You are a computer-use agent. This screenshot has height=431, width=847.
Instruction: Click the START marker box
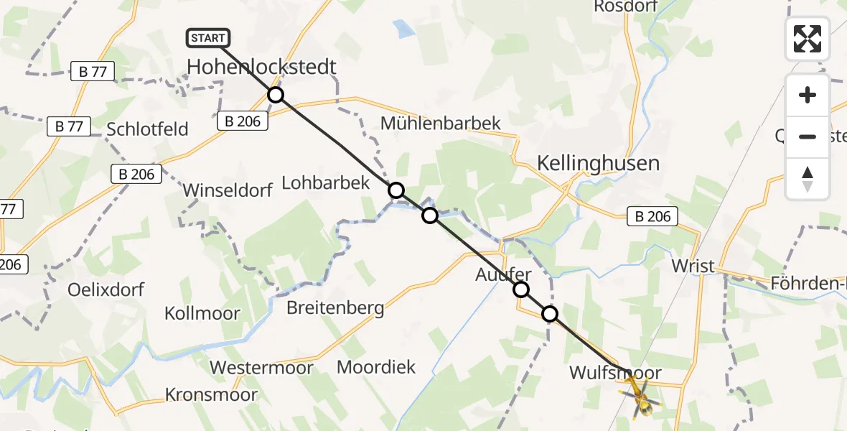(208, 38)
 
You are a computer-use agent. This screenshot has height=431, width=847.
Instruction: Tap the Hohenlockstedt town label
(261, 67)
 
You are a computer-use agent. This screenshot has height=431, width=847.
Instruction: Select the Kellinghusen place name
(598, 163)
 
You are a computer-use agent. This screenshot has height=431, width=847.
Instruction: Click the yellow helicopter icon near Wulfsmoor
(638, 397)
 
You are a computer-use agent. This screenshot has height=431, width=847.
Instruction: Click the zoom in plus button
(808, 95)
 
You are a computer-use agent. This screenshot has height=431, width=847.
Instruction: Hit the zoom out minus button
(808, 136)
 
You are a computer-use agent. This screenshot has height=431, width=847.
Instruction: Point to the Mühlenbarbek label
(440, 123)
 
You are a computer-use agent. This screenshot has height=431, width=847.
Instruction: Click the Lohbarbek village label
(326, 182)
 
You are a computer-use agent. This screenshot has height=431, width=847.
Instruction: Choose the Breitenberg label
(335, 308)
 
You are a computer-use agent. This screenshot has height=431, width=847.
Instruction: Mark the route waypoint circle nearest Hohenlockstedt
(276, 95)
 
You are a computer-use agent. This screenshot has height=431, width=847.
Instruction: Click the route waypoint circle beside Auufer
(521, 289)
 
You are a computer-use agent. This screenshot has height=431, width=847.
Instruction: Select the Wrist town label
(693, 266)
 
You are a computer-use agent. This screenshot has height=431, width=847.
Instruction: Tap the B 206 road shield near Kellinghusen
(652, 216)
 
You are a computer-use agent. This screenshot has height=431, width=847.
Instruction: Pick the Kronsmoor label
(211, 394)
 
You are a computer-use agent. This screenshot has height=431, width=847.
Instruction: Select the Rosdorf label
(622, 6)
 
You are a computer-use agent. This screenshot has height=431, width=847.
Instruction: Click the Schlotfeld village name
(147, 129)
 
